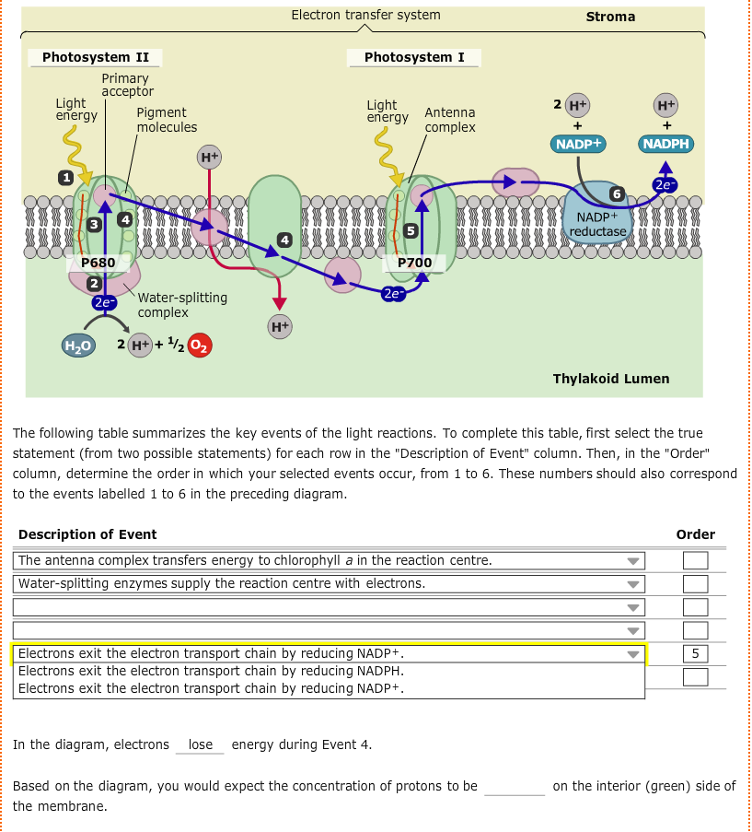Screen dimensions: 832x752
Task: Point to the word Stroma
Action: click(x=610, y=17)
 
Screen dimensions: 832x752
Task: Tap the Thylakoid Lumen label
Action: click(x=610, y=379)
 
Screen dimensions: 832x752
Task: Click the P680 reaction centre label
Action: click(x=98, y=263)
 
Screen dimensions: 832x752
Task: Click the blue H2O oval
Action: click(x=77, y=346)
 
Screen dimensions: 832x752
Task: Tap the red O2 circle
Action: click(x=200, y=346)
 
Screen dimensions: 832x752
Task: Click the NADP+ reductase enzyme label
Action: click(x=597, y=224)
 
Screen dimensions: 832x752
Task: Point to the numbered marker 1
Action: click(x=65, y=176)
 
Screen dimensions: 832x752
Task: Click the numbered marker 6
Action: click(x=619, y=193)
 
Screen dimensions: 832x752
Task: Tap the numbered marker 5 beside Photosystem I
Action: click(x=411, y=229)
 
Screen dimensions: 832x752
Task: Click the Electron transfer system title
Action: click(x=365, y=15)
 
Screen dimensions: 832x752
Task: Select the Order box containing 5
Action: click(x=695, y=654)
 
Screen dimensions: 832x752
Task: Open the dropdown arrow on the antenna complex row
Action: click(x=632, y=561)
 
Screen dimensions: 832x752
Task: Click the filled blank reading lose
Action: click(x=200, y=744)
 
